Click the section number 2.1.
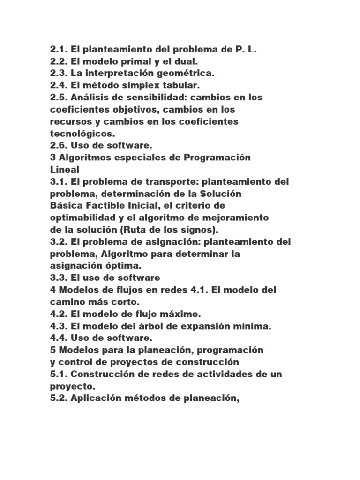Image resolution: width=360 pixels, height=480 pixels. click(x=59, y=49)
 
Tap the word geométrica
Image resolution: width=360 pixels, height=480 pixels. click(x=180, y=74)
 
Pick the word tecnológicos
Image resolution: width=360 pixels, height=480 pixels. click(x=82, y=134)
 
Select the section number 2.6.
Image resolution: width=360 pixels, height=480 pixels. click(x=59, y=146)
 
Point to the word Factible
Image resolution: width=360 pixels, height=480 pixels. click(x=106, y=206)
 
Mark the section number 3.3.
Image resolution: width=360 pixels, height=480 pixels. click(x=59, y=278)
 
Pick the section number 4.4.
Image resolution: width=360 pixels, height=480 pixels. click(x=59, y=338)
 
